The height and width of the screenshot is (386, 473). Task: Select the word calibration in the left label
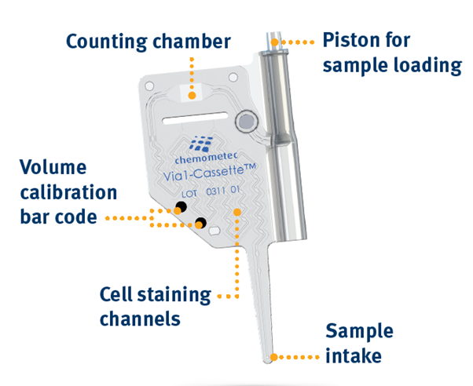[x=68, y=192]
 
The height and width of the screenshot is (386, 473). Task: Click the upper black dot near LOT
[x=181, y=207]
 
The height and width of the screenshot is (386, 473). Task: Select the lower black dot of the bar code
[x=201, y=222]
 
